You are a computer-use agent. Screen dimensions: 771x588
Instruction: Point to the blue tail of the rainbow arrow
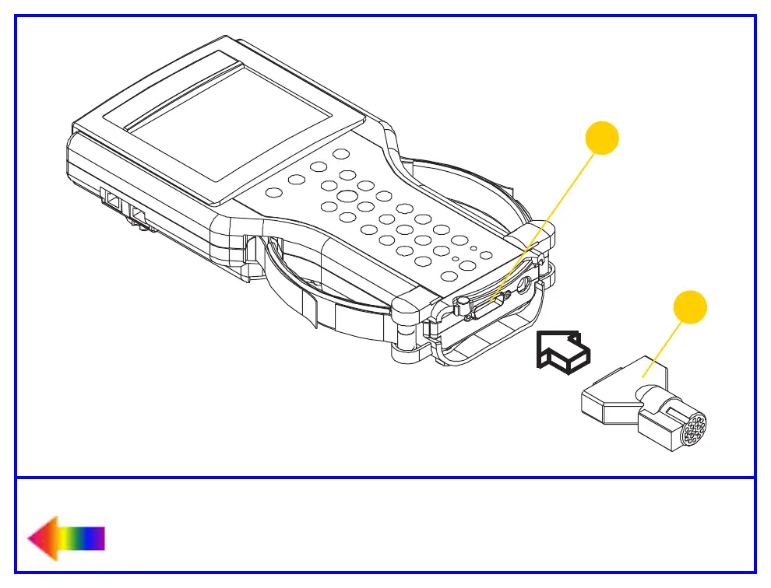97,538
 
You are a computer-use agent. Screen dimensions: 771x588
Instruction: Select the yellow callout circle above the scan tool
602,139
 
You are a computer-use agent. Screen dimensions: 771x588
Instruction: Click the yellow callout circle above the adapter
690,307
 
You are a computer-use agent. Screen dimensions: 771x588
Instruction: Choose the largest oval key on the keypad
347,195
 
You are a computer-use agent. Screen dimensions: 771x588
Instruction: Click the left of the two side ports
112,201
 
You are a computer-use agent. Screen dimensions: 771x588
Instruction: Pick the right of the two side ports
138,213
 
